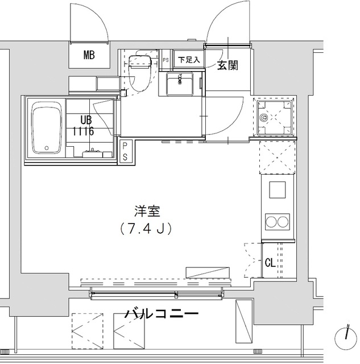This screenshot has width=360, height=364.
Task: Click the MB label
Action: (x=89, y=55)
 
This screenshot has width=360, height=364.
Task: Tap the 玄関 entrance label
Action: (x=227, y=65)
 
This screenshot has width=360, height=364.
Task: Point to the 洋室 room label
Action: (x=147, y=213)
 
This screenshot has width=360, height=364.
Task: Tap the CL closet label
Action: (x=270, y=263)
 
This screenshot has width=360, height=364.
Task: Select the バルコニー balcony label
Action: (x=161, y=313)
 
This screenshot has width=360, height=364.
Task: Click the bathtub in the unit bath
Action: (x=47, y=127)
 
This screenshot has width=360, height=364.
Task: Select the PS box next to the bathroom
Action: (x=126, y=152)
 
